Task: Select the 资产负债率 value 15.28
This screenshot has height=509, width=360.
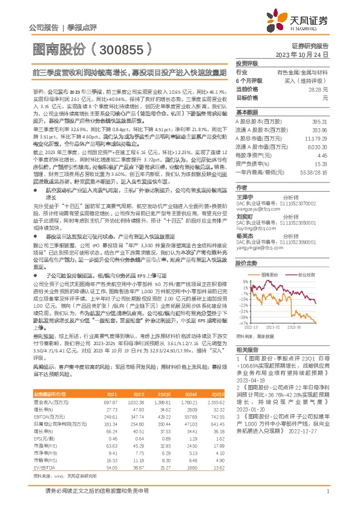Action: [320, 163]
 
